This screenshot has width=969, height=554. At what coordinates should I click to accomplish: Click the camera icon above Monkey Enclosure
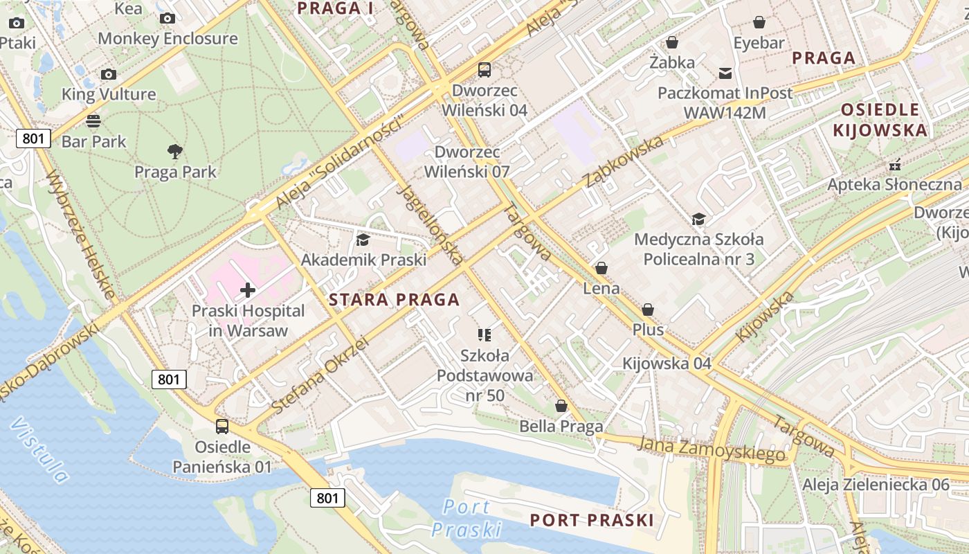167,19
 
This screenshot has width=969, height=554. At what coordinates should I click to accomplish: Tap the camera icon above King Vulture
109,74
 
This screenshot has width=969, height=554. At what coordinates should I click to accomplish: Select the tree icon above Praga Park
175,151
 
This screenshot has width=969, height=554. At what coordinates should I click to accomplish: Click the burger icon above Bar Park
93,121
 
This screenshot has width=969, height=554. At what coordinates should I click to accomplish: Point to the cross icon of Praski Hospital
248,290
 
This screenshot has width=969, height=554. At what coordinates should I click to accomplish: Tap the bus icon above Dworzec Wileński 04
484,70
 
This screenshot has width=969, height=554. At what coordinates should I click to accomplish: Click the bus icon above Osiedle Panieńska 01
222,427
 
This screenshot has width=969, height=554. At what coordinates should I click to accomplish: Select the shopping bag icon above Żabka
671,42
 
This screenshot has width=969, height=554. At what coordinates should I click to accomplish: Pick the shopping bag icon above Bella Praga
561,406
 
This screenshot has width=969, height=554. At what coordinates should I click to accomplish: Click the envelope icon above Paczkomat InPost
725,73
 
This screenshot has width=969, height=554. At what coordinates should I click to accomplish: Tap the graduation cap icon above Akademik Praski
363,240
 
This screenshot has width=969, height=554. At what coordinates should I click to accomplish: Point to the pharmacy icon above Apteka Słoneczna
895,165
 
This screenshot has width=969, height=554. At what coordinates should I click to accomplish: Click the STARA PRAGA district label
394,300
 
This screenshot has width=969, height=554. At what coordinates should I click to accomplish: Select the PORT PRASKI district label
591,520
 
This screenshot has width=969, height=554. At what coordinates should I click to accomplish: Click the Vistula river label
40,450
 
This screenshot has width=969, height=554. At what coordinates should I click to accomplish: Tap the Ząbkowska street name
623,161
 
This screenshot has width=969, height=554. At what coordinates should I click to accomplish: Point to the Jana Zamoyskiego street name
712,449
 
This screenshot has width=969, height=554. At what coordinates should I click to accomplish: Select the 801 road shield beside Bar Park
33,138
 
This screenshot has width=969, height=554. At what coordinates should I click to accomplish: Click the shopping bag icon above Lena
601,268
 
